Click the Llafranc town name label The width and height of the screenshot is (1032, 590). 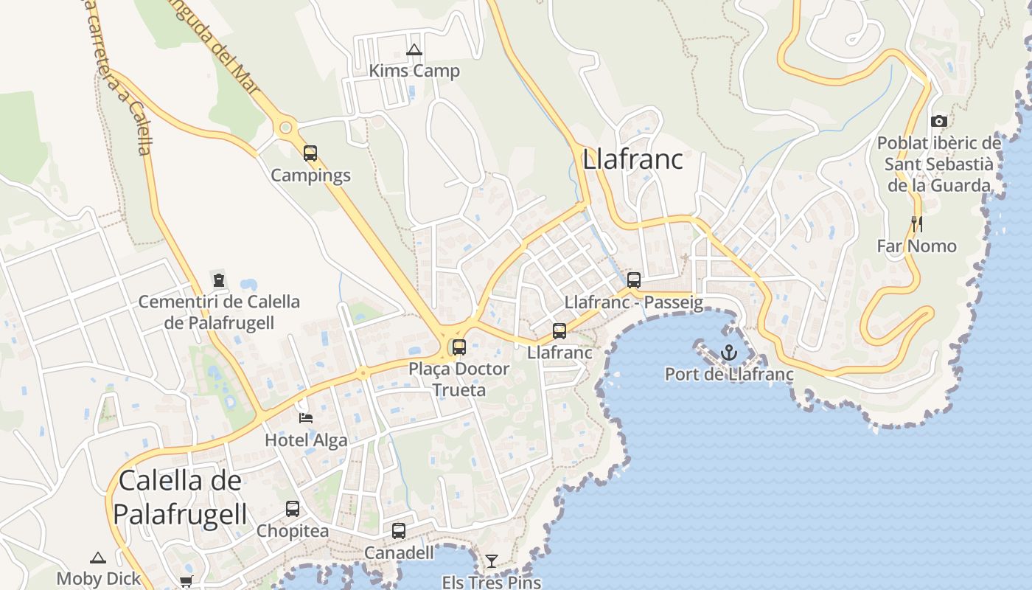pyautogui.click(x=632, y=159)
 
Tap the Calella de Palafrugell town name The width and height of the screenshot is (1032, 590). pyautogui.click(x=180, y=497)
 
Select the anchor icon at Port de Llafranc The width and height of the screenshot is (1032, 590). pyautogui.click(x=728, y=353)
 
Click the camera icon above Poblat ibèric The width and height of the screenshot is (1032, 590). pyautogui.click(x=938, y=121)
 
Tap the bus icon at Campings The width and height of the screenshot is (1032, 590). pyautogui.click(x=310, y=153)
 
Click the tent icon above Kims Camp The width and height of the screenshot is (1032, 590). pyautogui.click(x=414, y=50)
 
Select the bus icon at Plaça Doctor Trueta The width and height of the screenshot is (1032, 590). pyautogui.click(x=459, y=347)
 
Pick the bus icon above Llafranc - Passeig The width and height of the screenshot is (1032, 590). pyautogui.click(x=633, y=280)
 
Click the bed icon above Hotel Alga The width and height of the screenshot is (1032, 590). pyautogui.click(x=306, y=418)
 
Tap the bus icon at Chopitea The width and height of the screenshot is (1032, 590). pyautogui.click(x=293, y=509)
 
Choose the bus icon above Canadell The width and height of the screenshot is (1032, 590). pyautogui.click(x=399, y=531)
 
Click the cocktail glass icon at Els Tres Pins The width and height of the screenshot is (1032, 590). pyautogui.click(x=491, y=561)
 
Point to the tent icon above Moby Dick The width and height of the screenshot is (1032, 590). pyautogui.click(x=98, y=558)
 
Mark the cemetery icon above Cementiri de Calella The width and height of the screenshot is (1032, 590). pyautogui.click(x=219, y=280)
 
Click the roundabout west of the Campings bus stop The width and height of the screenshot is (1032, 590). pyautogui.click(x=285, y=128)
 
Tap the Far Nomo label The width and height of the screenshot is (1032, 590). pyautogui.click(x=916, y=246)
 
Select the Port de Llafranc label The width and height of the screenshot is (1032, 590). pyautogui.click(x=729, y=374)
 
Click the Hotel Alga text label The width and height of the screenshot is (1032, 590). pyautogui.click(x=306, y=440)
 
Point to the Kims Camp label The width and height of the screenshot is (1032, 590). pyautogui.click(x=414, y=71)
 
